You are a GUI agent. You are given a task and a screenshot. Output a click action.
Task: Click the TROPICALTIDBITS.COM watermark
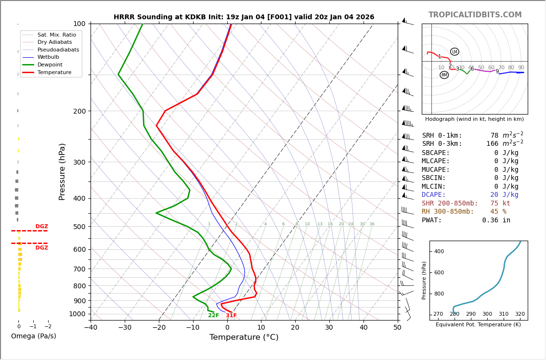coord(475,15)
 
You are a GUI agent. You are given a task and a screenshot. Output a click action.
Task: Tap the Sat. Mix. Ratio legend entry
coord(57,35)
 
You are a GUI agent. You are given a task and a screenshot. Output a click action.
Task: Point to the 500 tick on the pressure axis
coord(79,227)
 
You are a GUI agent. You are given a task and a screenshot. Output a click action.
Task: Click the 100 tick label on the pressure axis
coord(79,24)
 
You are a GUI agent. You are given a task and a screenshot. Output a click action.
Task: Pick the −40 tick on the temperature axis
coord(91,328)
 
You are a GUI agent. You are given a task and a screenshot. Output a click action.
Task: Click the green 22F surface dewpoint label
coord(213,316)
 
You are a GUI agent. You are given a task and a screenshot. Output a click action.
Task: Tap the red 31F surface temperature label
coord(231,316)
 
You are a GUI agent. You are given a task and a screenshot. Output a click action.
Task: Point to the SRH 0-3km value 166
coord(492,144)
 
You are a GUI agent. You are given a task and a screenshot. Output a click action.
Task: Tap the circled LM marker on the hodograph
coord(455,51)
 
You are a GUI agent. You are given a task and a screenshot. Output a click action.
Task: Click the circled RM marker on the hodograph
coord(444,75)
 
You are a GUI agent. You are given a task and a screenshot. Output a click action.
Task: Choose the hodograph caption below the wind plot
coord(474,119)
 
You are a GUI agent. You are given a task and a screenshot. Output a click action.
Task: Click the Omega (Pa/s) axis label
coord(34,336)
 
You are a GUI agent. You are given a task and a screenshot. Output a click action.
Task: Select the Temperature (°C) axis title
coord(244,337)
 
